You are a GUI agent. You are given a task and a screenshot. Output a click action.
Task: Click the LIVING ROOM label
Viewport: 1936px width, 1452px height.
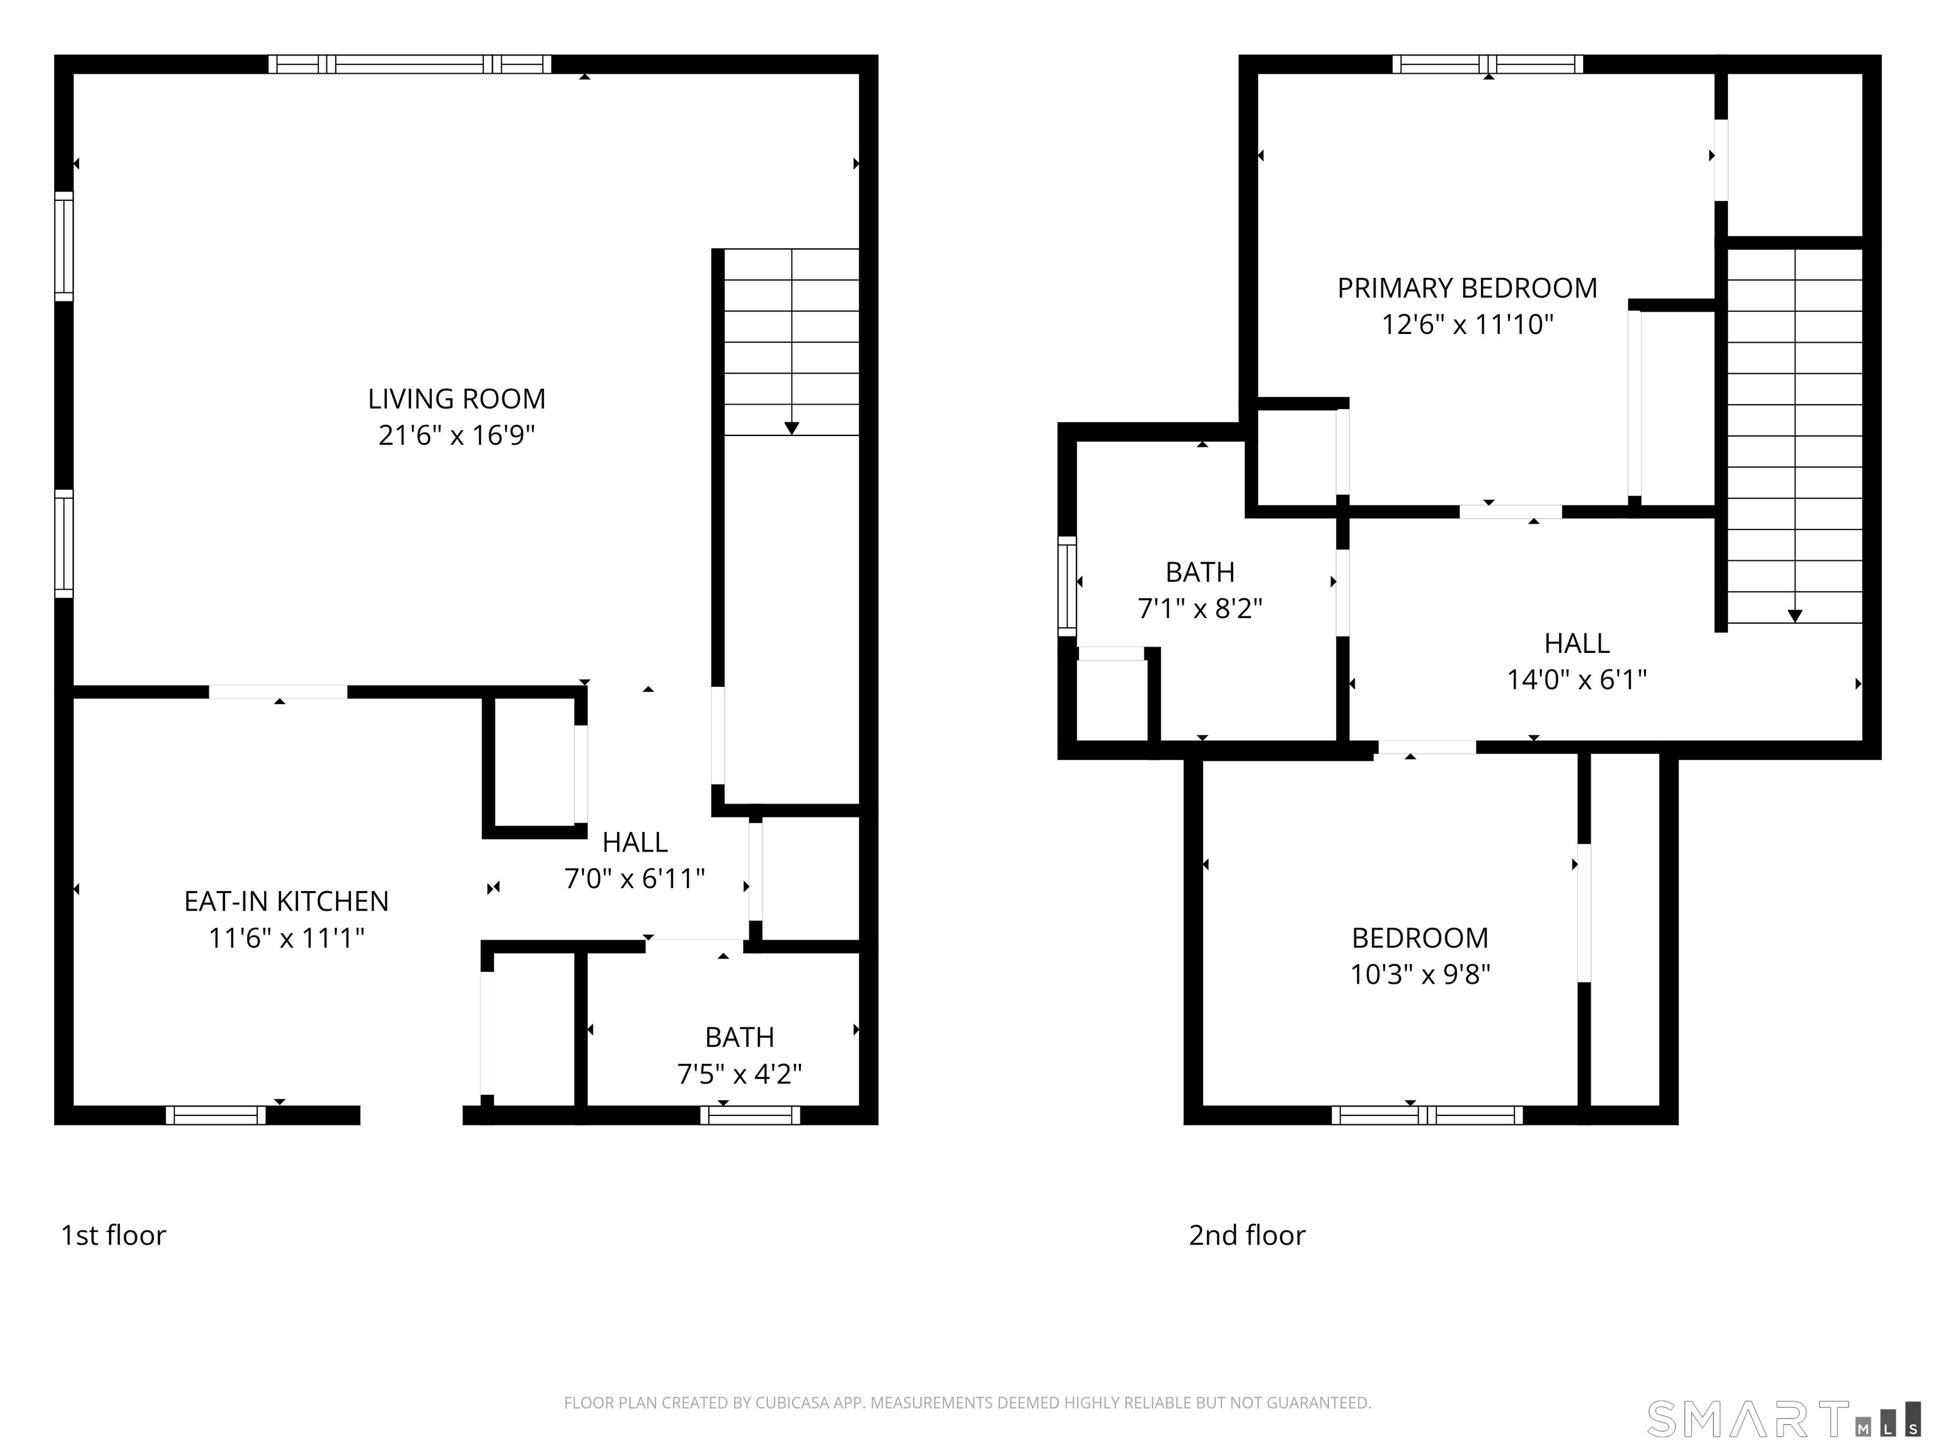[x=456, y=399]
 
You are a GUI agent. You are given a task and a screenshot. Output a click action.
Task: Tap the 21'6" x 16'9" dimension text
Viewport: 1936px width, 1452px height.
[x=456, y=435]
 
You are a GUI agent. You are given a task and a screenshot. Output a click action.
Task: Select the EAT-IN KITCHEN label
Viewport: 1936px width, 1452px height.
[x=286, y=901]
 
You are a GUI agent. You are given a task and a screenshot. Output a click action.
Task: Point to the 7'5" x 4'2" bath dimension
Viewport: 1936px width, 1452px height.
[x=740, y=1074]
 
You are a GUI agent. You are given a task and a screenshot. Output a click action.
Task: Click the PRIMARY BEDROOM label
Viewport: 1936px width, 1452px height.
[x=1467, y=288]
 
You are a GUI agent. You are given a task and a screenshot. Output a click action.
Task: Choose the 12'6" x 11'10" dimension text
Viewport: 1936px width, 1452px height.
[x=1467, y=325]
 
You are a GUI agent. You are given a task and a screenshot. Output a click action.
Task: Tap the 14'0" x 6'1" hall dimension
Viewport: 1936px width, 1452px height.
[x=1576, y=680]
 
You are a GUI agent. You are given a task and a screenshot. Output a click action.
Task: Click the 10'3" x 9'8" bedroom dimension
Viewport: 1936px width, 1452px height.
[x=1420, y=974]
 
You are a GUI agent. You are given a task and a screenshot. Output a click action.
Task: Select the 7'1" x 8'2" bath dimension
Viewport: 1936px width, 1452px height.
[x=1200, y=608]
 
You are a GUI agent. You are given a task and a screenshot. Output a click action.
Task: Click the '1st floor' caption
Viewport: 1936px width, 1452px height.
[x=113, y=1235]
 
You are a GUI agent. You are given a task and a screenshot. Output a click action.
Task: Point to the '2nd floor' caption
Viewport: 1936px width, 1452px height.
[x=1247, y=1235]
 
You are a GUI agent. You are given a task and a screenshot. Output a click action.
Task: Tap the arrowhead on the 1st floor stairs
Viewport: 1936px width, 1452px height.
[x=791, y=428]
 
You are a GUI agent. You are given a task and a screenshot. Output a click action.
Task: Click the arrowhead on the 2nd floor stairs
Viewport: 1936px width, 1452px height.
[x=1794, y=616]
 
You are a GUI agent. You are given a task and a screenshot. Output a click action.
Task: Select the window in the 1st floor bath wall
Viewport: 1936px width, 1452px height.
[x=750, y=1115]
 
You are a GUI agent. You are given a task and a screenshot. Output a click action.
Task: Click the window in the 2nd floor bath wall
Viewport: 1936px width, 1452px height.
[x=1067, y=585]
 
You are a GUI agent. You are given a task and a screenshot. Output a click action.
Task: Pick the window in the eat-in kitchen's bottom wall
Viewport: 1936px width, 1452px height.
[x=216, y=1115]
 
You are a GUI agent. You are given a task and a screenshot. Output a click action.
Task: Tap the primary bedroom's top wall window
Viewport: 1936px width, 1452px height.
[x=1488, y=64]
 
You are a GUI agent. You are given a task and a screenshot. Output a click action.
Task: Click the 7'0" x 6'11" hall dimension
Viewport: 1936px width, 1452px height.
[x=635, y=878]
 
